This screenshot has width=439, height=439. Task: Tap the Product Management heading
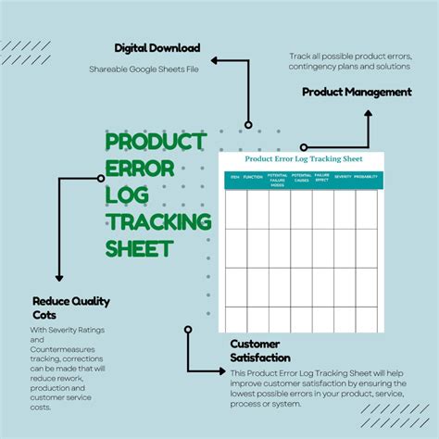pos(357,92)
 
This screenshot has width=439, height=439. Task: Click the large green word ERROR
pos(141,169)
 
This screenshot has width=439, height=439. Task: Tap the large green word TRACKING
pos(158,222)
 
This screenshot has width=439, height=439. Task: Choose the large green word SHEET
pos(139,248)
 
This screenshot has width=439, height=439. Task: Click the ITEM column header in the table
pos(234,176)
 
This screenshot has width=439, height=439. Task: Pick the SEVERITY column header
pos(343,176)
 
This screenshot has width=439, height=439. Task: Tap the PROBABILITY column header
pos(366,176)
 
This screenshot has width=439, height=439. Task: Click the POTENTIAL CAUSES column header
pos(301,178)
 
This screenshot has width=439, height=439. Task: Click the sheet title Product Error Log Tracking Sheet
pos(301,158)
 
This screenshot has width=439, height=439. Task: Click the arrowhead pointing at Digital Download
pos(214,60)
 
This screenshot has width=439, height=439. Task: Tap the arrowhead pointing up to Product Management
pos(368,113)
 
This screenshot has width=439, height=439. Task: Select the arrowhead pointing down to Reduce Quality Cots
pos(60,278)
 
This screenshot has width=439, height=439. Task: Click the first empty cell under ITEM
pos(235,208)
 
